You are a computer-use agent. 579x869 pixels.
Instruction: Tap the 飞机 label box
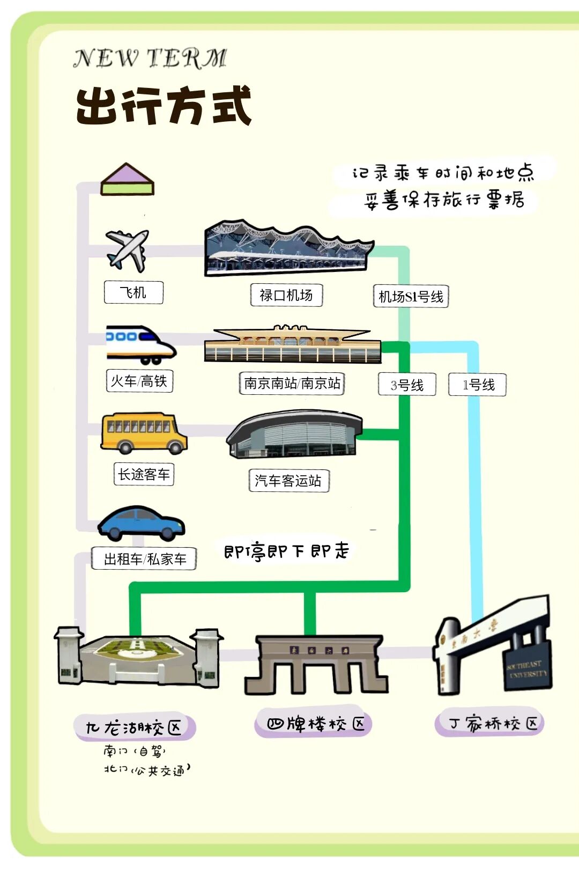pos(133,292)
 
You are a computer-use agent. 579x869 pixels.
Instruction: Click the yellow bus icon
pos(144,433)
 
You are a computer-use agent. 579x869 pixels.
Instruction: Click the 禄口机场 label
pos(286,295)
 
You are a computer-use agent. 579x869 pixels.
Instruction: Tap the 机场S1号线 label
pos(411,297)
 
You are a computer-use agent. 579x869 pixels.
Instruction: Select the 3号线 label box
pos(407,385)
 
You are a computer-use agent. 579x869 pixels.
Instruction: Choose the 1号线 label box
pos(478,385)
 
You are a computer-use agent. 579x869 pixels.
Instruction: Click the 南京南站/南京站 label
pos(292,383)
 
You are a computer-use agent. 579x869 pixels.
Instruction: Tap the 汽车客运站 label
pos(288,481)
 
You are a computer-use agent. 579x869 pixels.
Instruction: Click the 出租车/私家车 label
pos(144,559)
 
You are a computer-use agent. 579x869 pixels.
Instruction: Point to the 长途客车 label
pos(144,474)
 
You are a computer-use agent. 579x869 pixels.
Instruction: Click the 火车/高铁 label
pos(139,381)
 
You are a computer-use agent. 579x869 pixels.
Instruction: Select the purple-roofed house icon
pos(127,179)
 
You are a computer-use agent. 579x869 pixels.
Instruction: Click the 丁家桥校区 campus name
pos(489,724)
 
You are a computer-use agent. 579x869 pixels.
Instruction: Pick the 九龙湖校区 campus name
pos(134,727)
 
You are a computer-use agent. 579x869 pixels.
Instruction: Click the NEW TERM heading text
pos(150,58)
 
